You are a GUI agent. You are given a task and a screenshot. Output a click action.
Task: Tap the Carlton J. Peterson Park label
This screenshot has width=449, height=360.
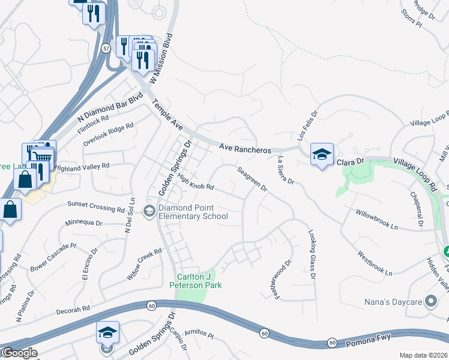199,281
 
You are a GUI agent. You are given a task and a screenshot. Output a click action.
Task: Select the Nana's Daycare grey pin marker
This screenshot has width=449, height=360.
430,301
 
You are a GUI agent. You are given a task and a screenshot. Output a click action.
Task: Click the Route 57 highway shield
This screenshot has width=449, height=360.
106,49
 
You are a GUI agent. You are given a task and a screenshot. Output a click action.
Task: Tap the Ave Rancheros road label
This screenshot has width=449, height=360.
246,148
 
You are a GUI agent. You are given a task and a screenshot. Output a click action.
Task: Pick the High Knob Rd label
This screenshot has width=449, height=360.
196,182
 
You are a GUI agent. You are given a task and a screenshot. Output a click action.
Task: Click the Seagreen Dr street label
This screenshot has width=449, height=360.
252,179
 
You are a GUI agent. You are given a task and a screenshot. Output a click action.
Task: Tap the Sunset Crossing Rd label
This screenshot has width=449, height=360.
96,206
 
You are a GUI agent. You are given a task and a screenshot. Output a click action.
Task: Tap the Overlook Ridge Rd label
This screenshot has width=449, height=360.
109,135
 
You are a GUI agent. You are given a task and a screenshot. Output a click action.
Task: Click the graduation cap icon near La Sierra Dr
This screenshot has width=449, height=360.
322,154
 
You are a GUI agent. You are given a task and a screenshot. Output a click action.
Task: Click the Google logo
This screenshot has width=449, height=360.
19,353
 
